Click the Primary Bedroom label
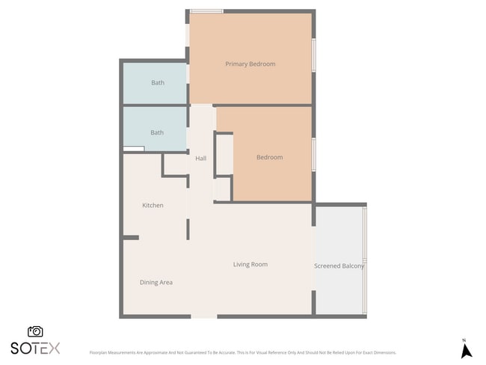pos(250,64)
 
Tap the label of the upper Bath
pos(158,83)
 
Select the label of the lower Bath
pos(157,133)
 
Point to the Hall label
pos(200,159)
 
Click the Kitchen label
pos(153,206)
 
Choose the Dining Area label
pos(156,283)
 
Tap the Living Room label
pos(250,265)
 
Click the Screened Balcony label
pos(339,266)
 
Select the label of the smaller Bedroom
pos(270,158)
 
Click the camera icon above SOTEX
pos(35,331)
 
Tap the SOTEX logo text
pos(35,349)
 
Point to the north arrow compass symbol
pos(466,349)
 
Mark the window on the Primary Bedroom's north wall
pos(206,11)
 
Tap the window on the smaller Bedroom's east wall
pos(314,154)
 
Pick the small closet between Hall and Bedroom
pos(224,155)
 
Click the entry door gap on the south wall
pos(204,316)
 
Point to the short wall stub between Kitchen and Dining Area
pos(131,238)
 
